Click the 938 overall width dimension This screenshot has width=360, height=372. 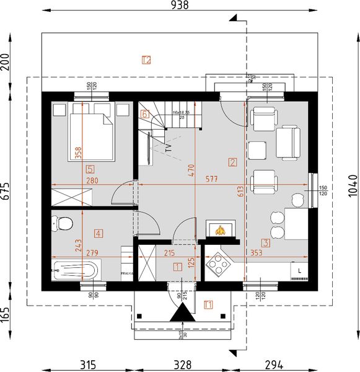[x=178, y=6]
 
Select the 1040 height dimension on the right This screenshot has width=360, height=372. [x=353, y=185]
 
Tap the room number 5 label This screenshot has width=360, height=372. [x=90, y=168]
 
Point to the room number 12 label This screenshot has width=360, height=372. [x=146, y=60]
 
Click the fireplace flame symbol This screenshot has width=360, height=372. [x=219, y=230]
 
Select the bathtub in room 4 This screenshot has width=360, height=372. [x=76, y=270]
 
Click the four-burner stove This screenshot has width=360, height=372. [x=218, y=265]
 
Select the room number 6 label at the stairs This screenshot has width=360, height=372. [x=145, y=114]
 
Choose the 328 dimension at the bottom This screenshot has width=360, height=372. [x=182, y=364]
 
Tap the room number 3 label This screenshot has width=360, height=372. [x=265, y=244]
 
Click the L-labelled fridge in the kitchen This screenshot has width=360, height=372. [x=299, y=271]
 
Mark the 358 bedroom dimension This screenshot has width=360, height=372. [x=78, y=153]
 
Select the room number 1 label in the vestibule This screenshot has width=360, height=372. [x=178, y=267]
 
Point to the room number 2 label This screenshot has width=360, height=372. [x=232, y=163]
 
